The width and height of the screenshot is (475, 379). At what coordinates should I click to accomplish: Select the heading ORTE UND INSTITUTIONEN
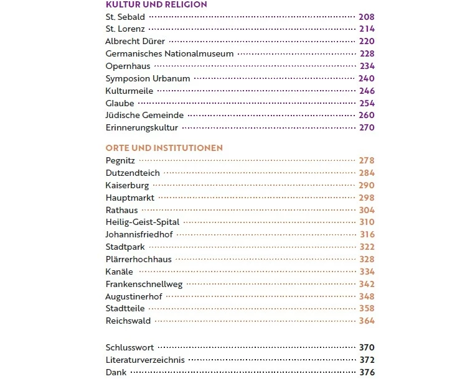tap(164, 148)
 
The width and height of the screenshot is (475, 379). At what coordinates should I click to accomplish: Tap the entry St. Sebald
tap(125, 17)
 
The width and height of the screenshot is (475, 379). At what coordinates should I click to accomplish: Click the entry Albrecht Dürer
tap(135, 42)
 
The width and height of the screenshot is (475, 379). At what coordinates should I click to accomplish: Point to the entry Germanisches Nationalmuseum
tap(169, 54)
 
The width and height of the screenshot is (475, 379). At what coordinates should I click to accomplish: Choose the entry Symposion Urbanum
tap(148, 79)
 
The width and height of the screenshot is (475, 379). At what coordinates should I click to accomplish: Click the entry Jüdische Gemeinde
tap(144, 116)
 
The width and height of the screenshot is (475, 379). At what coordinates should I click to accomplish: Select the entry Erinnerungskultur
tap(142, 128)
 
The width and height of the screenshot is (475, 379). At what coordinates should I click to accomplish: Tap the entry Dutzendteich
tap(133, 173)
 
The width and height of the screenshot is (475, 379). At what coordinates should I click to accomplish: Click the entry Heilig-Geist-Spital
tap(143, 222)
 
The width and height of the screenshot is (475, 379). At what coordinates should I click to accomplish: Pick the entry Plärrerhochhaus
tap(138, 260)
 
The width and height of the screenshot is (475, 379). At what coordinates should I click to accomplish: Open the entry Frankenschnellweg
tap(144, 285)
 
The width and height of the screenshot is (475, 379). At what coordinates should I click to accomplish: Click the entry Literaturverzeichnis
tap(145, 360)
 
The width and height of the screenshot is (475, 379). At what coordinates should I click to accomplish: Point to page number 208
tap(367, 17)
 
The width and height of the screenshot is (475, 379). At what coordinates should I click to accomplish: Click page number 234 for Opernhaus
tap(367, 66)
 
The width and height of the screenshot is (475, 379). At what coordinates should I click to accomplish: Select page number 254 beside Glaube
tap(367, 104)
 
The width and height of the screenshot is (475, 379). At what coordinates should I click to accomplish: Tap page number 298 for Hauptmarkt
tap(367, 198)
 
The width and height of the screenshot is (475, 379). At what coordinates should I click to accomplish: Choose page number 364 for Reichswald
tap(367, 321)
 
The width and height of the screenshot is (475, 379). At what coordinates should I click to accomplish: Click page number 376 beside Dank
tap(367, 373)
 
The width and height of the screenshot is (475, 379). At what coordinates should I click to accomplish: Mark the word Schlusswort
tap(129, 348)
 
